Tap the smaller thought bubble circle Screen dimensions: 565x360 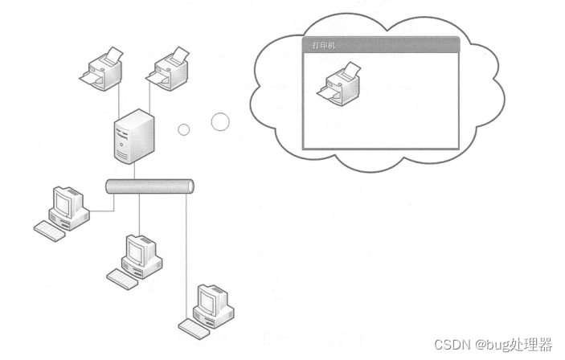pyautogui.click(x=184, y=130)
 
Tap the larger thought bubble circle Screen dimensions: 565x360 pyautogui.click(x=220, y=121)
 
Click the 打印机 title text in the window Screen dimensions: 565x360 pyautogui.click(x=324, y=46)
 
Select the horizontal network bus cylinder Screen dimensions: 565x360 pyautogui.click(x=149, y=186)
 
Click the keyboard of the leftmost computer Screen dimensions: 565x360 pyautogui.click(x=50, y=231)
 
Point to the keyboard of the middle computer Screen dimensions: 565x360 pyautogui.click(x=122, y=279)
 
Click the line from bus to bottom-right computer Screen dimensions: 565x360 pyautogui.click(x=187, y=241)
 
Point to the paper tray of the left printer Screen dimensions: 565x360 pyautogui.click(x=90, y=76)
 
